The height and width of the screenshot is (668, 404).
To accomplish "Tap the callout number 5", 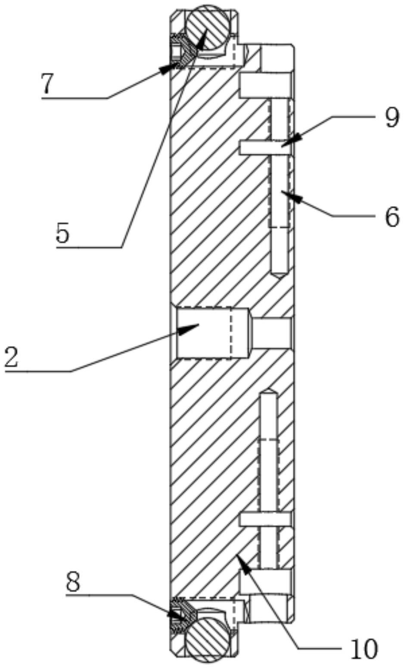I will [x=62, y=234].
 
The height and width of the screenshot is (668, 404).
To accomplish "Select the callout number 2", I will [x=12, y=357].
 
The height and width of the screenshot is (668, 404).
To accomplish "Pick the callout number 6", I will [x=392, y=217].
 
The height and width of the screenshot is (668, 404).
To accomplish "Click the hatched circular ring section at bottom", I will [x=205, y=636].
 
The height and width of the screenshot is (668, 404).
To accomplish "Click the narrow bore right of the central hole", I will [x=272, y=333].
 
